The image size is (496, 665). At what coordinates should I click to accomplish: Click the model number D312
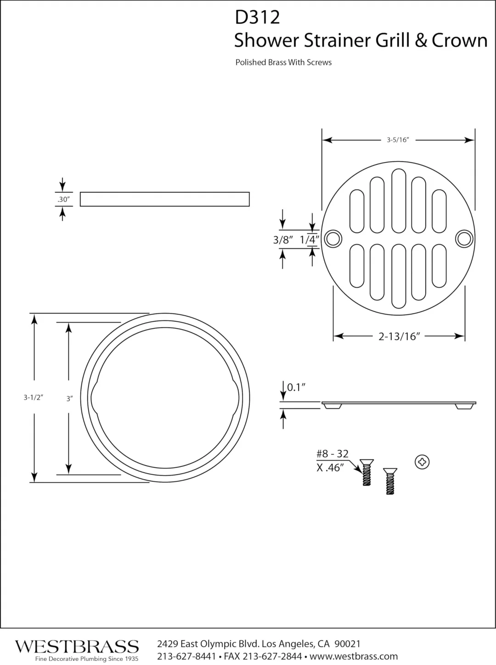point(257,17)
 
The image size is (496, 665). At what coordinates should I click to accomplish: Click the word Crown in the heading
point(460,40)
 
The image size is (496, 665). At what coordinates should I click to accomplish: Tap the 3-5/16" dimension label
point(398,140)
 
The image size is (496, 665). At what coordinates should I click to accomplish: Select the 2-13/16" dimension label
point(399,336)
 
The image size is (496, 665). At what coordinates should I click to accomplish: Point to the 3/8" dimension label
point(283,240)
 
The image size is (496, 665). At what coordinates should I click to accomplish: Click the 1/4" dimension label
point(310,240)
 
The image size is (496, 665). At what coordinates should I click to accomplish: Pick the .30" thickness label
point(63,199)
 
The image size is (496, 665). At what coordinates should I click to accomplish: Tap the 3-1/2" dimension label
point(34,397)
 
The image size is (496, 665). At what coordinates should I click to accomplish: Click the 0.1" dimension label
point(296,387)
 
